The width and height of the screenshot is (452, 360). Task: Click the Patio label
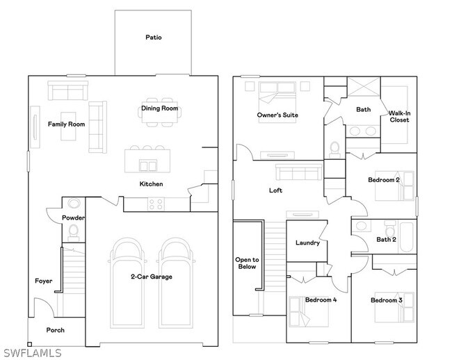click(154, 37)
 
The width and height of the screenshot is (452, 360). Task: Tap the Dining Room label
click(159, 108)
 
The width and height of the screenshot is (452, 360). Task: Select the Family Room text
click(66, 124)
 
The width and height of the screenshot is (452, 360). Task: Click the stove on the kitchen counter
click(156, 204)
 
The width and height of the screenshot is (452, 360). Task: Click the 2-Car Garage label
click(152, 277)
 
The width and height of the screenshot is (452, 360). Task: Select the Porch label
click(56, 330)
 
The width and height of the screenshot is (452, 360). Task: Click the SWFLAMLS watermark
click(33, 353)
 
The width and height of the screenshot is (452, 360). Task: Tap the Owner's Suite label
click(277, 115)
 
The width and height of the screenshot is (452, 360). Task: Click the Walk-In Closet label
click(399, 116)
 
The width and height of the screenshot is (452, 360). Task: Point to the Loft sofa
click(298, 172)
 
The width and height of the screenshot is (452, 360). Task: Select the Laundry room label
click(307, 243)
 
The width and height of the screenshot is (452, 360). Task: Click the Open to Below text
click(247, 263)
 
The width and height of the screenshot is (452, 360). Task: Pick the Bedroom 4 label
click(321, 300)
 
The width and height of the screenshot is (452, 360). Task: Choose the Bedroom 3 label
click(386, 300)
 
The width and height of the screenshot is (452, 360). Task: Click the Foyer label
click(44, 281)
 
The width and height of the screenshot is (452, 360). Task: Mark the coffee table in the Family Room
click(68, 126)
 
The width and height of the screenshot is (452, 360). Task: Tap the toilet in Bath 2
click(391, 228)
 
